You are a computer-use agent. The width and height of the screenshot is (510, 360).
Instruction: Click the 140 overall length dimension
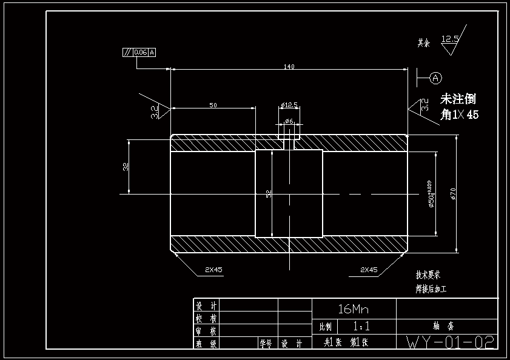(x=289, y=67)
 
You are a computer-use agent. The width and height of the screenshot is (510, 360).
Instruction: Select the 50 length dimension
(x=213, y=105)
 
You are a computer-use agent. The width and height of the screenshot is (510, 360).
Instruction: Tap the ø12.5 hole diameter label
(x=289, y=105)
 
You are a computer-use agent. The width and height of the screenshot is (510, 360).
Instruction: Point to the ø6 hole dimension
(x=289, y=121)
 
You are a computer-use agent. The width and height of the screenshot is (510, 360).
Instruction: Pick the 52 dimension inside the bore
(x=269, y=193)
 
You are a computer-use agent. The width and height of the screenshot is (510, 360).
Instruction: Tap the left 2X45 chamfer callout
(x=214, y=270)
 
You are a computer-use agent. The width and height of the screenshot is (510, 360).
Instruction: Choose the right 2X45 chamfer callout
(x=369, y=270)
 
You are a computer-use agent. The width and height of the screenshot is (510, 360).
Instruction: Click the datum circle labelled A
(x=436, y=78)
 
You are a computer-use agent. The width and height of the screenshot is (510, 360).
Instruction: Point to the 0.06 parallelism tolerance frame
(x=139, y=52)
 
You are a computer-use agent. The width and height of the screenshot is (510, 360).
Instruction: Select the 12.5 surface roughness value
(x=450, y=39)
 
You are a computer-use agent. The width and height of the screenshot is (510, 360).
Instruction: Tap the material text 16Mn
(x=353, y=308)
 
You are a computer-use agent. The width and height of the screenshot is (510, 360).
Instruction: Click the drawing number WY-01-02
(x=450, y=342)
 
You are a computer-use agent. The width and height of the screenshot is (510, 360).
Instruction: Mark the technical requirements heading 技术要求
(x=428, y=275)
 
